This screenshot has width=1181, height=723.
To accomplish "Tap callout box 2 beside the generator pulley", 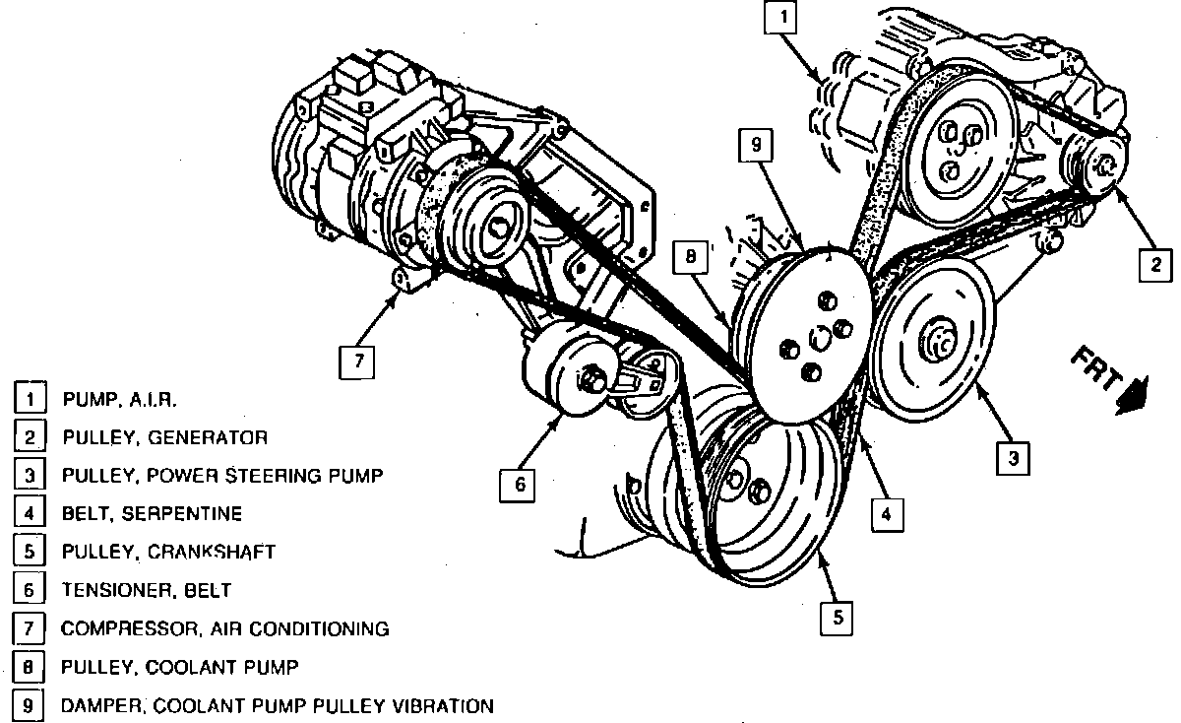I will [1155, 263].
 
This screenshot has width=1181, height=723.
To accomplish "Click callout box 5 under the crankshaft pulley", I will [837, 618].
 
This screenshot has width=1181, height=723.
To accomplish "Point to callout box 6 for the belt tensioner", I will [518, 484].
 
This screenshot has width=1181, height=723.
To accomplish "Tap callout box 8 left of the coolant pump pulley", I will [692, 258].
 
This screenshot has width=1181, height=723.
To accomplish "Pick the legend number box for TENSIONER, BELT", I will [29, 590].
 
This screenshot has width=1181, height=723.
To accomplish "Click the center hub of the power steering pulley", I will [936, 344].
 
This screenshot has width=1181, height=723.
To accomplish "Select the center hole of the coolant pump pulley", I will [815, 340].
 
